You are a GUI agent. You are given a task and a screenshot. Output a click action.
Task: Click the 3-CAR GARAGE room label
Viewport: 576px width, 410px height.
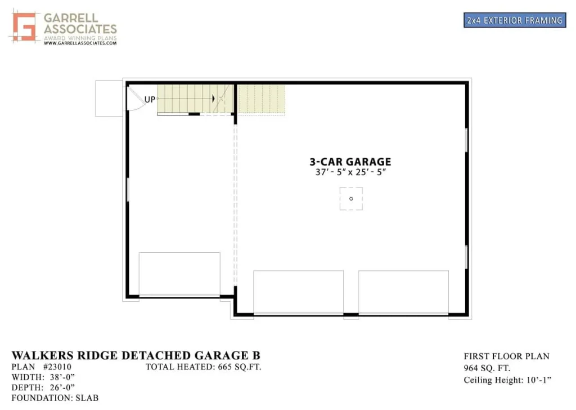pyautogui.click(x=350, y=162)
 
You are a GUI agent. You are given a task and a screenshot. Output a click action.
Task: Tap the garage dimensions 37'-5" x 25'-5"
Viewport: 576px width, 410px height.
pyautogui.click(x=350, y=172)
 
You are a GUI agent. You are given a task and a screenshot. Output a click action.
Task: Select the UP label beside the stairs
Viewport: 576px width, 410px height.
pyautogui.click(x=150, y=99)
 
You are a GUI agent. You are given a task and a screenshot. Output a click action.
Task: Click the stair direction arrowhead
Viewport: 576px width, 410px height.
pyautogui.click(x=213, y=98)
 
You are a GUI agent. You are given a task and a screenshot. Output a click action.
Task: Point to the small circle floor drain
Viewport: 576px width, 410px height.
pyautogui.click(x=351, y=199)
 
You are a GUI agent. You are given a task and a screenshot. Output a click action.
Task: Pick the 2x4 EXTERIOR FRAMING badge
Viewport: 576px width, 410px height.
pyautogui.click(x=515, y=20)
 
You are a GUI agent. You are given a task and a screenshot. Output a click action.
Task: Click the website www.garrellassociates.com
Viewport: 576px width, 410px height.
pyautogui.click(x=80, y=43)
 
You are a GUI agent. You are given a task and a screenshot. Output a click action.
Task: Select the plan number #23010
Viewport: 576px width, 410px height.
pyautogui.click(x=57, y=367)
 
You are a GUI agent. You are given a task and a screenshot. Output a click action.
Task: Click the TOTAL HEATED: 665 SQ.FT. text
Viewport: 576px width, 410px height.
pyautogui.click(x=204, y=367)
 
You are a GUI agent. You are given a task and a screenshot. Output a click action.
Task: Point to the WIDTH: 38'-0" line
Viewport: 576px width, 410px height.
pyautogui.click(x=43, y=377)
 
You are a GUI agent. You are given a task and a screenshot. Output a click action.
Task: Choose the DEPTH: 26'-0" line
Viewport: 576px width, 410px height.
pyautogui.click(x=43, y=387)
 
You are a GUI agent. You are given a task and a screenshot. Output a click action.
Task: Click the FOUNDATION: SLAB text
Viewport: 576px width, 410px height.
pyautogui.click(x=55, y=398)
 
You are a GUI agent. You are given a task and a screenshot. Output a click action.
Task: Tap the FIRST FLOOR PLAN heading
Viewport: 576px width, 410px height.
pyautogui.click(x=507, y=356)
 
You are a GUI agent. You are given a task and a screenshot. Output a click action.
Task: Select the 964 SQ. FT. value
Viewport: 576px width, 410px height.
pyautogui.click(x=487, y=368)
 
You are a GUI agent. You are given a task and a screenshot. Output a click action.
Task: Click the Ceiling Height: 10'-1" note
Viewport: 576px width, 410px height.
pyautogui.click(x=508, y=380)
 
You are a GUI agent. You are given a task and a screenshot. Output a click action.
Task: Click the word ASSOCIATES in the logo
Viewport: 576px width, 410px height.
pyautogui.click(x=80, y=29)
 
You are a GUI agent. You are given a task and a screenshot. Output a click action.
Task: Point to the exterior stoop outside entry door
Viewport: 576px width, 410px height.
pyautogui.click(x=109, y=99)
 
